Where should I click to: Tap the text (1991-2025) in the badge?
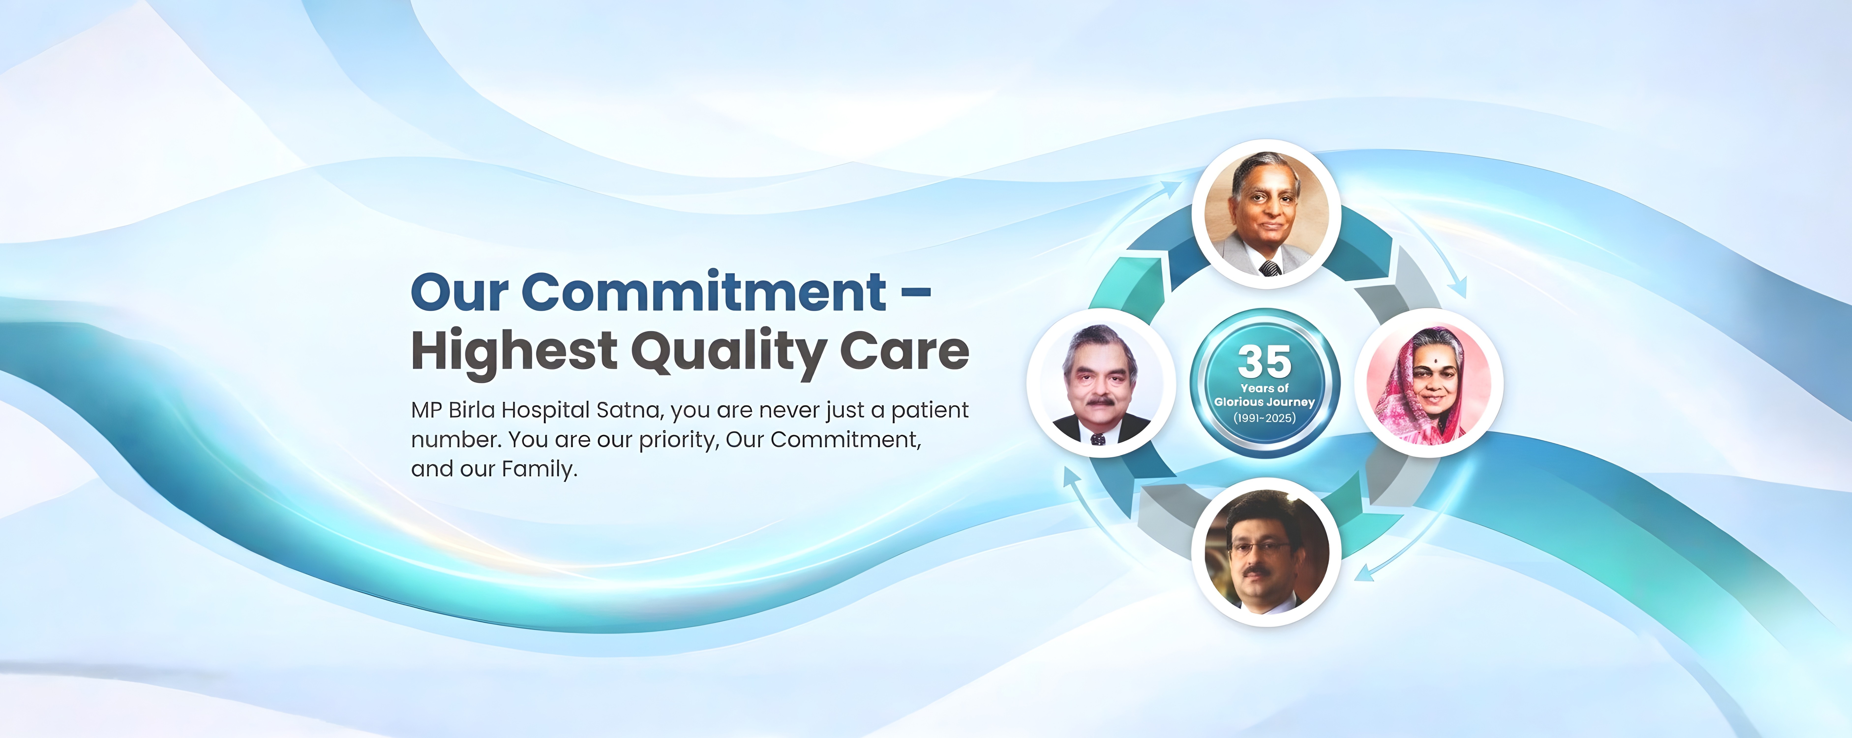click(x=1265, y=418)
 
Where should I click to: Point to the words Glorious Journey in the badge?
click(x=1265, y=402)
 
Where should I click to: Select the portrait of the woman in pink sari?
click(x=1429, y=383)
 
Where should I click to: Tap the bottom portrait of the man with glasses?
click(x=1266, y=552)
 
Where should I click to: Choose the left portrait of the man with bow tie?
click(x=1101, y=383)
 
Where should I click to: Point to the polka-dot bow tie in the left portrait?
click(x=1098, y=439)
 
